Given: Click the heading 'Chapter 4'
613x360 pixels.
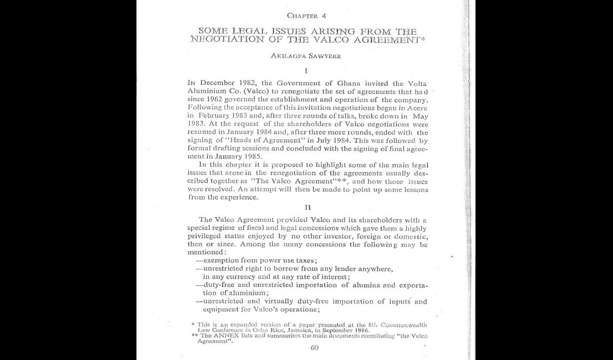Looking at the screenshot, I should point(306,15).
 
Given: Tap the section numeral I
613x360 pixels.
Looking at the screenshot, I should point(306,70).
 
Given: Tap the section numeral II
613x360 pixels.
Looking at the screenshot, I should point(308,207).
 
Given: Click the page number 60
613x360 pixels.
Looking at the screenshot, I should point(314,348).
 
